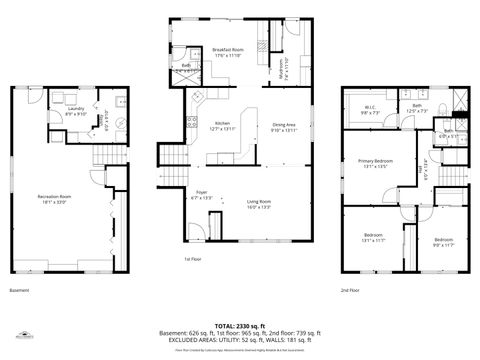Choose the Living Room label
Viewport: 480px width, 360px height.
tap(260, 203)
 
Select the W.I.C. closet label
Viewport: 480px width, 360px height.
tap(369, 109)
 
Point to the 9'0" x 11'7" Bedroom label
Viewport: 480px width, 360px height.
tap(443, 241)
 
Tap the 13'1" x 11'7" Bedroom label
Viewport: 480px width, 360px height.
tap(373, 238)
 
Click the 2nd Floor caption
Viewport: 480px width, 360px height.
tap(350, 291)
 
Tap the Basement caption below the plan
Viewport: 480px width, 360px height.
tap(19, 291)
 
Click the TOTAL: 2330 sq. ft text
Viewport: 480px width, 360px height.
tap(240, 326)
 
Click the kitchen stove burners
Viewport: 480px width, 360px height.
tap(190, 125)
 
